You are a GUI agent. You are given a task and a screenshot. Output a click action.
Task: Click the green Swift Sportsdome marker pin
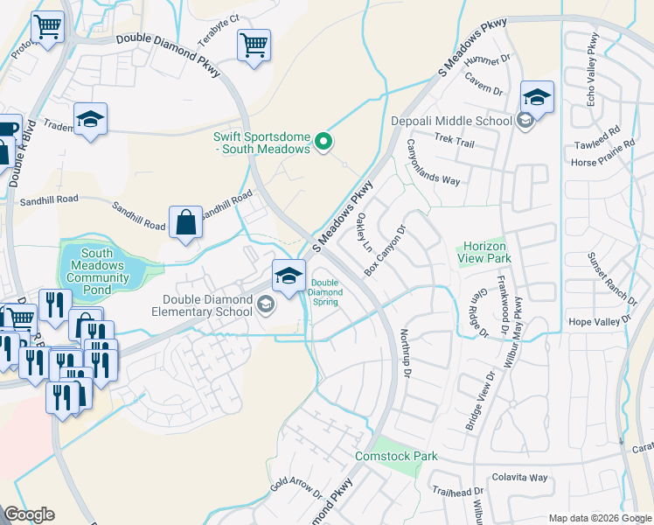tap(324, 140)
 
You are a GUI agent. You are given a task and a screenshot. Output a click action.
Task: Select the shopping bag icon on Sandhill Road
tap(187, 224)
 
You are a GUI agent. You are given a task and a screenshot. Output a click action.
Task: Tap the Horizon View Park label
tap(481, 252)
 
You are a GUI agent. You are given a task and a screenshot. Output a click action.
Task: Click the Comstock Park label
tap(395, 456)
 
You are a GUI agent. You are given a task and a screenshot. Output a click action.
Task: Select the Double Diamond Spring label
tap(324, 292)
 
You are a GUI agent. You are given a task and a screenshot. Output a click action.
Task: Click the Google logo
tap(29, 514)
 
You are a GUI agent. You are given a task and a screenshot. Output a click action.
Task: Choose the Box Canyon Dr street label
tap(386, 251)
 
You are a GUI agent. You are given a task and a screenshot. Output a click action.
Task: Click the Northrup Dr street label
tap(404, 354)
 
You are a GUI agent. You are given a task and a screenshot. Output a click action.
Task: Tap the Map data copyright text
tap(599, 517)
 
